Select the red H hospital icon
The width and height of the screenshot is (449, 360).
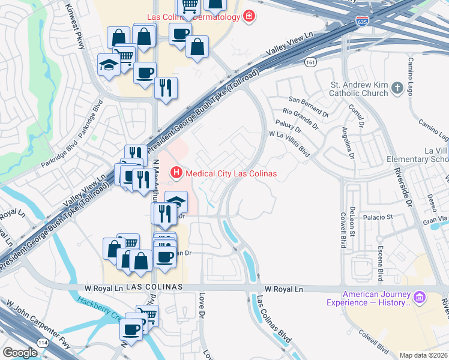[x=176, y=173]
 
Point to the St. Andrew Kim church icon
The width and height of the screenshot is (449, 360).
[x=396, y=89]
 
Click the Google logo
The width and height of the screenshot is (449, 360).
[x=20, y=353]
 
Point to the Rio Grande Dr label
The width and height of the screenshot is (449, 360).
[x=301, y=118]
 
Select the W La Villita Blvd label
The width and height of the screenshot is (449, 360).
[x=289, y=145]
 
